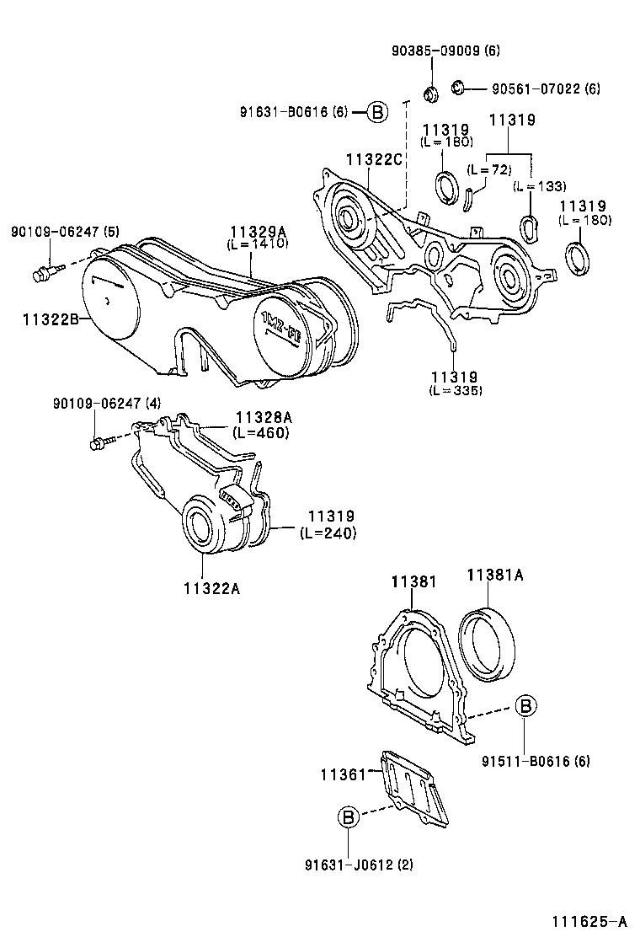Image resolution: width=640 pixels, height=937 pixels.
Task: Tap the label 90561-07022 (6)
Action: [546, 89]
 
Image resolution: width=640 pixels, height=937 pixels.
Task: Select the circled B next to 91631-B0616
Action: [376, 112]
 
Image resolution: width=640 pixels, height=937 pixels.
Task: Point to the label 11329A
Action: [259, 232]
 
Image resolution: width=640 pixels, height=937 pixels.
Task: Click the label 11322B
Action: [51, 319]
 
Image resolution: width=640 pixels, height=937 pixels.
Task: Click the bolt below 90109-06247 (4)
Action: [101, 443]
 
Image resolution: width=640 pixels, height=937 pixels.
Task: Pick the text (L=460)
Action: [261, 432]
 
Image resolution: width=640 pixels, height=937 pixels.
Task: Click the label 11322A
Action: [212, 589]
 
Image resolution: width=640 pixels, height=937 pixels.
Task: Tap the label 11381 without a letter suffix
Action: [413, 581]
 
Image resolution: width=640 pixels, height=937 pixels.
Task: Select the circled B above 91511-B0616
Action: [525, 706]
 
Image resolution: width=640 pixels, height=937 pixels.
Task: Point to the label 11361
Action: [343, 775]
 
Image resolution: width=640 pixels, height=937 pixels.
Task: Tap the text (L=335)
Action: [455, 390]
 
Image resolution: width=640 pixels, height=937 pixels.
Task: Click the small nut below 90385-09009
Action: [429, 94]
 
